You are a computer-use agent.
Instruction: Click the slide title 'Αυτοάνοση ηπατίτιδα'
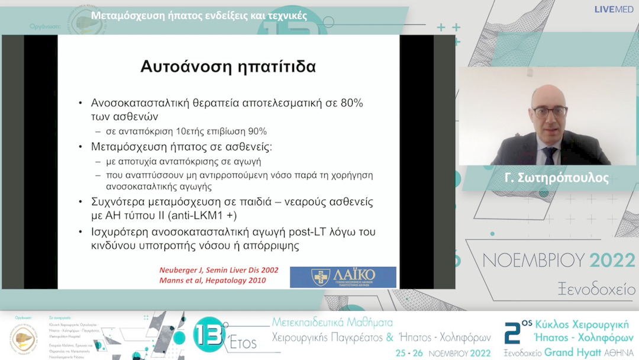[228, 66]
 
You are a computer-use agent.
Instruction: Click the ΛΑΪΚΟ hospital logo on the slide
[343, 277]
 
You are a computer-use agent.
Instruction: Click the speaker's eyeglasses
[549, 111]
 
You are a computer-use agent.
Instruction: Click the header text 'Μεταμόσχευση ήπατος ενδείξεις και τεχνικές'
[199, 15]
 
